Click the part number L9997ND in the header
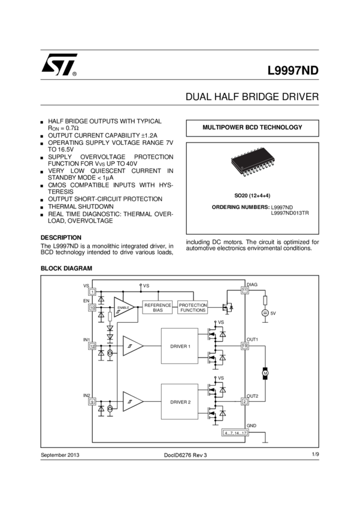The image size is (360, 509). pyautogui.click(x=293, y=69)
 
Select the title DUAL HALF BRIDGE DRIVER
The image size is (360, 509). pyautogui.click(x=252, y=97)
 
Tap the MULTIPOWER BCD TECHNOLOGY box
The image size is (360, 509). pyautogui.click(x=252, y=128)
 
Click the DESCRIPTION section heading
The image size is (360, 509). pyautogui.click(x=61, y=237)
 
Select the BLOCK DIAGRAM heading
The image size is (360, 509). pyautogui.click(x=66, y=269)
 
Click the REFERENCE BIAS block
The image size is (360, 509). pyautogui.click(x=158, y=307)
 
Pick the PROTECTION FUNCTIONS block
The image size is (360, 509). pyautogui.click(x=193, y=307)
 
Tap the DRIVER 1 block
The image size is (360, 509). pyautogui.click(x=180, y=346)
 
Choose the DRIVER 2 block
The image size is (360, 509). pyautogui.click(x=180, y=401)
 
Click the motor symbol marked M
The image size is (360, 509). pyautogui.click(x=266, y=373)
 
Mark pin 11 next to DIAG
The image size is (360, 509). pyautogui.click(x=244, y=290)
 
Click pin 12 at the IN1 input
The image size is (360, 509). pyautogui.click(x=93, y=346)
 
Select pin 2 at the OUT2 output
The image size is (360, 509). pyautogui.click(x=244, y=401)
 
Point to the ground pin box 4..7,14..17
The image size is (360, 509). pyautogui.click(x=243, y=432)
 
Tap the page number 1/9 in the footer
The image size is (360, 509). pyautogui.click(x=315, y=455)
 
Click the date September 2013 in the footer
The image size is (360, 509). pyautogui.click(x=60, y=456)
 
